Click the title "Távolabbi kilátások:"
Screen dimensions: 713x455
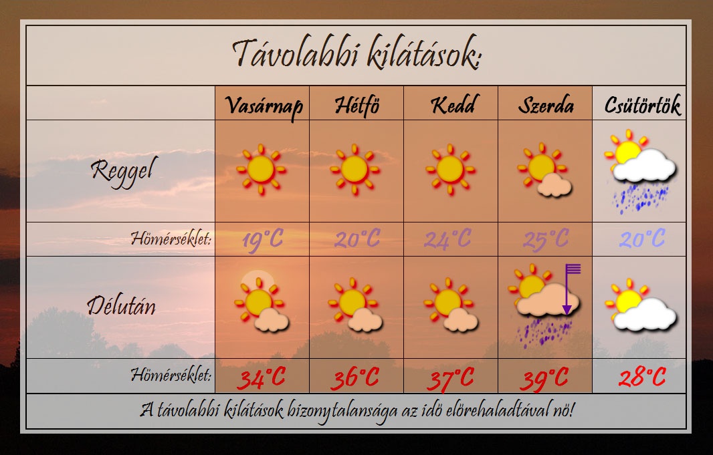(x=356, y=55)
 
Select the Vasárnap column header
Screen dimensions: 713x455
(x=264, y=106)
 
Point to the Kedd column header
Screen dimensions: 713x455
(x=452, y=104)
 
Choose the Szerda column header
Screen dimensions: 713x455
(x=546, y=106)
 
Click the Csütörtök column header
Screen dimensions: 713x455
(x=642, y=105)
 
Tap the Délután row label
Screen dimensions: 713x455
(x=122, y=305)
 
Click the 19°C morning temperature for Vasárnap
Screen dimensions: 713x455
(x=263, y=239)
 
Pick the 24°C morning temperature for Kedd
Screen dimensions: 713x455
(x=447, y=239)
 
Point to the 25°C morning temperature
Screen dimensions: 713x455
(x=546, y=239)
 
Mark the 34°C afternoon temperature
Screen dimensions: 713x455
(x=262, y=377)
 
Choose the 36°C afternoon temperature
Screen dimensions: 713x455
(x=354, y=377)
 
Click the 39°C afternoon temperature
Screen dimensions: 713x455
(x=544, y=377)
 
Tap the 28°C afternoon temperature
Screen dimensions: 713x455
(x=642, y=377)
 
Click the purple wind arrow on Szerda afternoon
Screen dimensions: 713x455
(x=567, y=289)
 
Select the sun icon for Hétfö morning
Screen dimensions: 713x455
(x=354, y=170)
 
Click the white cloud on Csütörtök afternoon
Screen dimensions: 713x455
(x=645, y=314)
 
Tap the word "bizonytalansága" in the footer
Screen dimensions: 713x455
(x=342, y=410)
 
